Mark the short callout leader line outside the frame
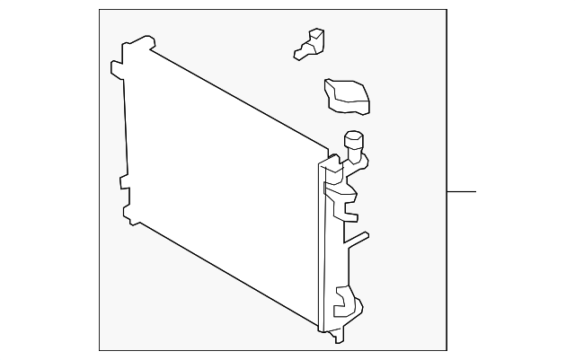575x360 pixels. [461, 191]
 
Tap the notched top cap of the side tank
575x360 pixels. [332, 167]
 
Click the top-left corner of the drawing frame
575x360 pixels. [98, 10]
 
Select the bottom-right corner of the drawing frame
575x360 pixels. [447, 351]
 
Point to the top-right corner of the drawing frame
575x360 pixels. [447, 10]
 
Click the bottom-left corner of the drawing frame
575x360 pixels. [98, 351]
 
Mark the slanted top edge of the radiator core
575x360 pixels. [238, 97]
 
